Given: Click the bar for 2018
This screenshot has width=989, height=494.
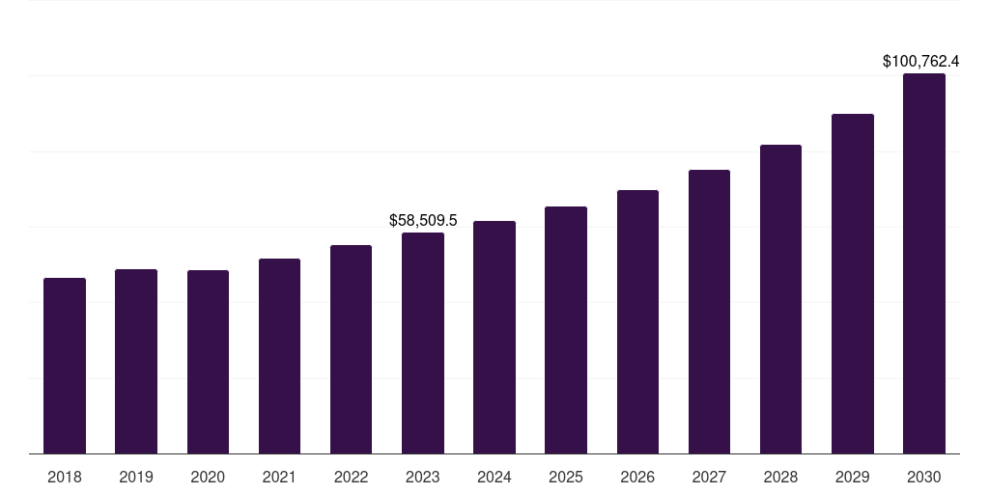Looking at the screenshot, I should [x=65, y=366].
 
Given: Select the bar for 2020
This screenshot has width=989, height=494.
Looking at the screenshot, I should [x=208, y=362].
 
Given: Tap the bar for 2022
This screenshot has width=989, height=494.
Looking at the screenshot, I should [x=351, y=349].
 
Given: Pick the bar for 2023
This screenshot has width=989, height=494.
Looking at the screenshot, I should [x=422, y=343].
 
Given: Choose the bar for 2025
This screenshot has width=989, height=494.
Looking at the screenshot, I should [x=566, y=330].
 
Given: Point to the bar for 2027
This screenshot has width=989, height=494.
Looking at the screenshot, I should [x=709, y=312].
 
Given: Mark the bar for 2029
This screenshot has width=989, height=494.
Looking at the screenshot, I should [x=852, y=284].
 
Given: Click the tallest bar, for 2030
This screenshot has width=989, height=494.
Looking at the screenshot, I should [x=923, y=263].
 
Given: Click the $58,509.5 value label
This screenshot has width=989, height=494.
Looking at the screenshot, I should [x=423, y=220].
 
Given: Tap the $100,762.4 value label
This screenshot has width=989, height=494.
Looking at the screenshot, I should [x=920, y=61].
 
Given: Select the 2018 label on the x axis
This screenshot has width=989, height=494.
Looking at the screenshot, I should [x=65, y=477].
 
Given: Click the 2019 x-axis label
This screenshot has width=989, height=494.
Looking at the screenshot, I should [x=136, y=477].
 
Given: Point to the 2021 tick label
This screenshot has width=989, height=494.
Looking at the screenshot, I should [x=279, y=477].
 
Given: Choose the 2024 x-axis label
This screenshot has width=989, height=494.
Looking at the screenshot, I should [x=494, y=477].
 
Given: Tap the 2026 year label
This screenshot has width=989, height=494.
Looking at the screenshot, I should [x=637, y=477].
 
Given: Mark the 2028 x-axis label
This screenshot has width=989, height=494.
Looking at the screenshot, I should [x=780, y=477].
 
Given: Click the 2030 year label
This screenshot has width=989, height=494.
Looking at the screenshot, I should [x=923, y=477].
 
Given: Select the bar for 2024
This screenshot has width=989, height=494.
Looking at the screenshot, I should [x=494, y=337].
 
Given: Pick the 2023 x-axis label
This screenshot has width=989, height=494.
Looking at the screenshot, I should [x=422, y=477].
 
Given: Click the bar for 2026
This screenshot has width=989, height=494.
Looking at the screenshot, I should [x=637, y=321].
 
